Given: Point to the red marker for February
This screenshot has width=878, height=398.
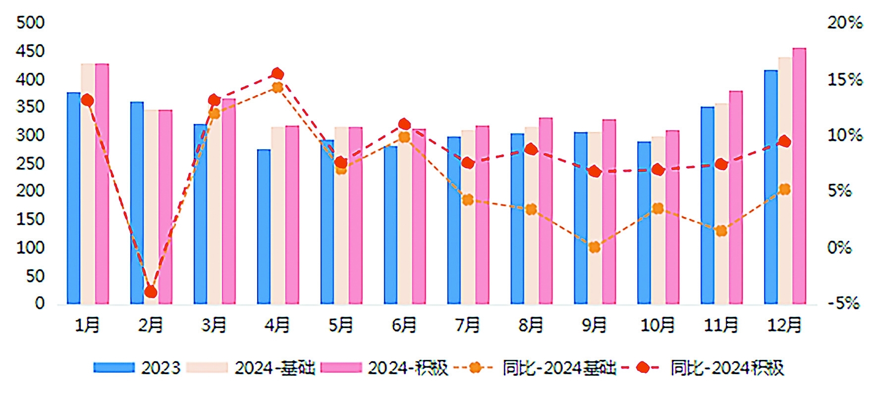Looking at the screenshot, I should pos(151,292).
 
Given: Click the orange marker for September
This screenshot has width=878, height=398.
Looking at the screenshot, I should pos(595,247).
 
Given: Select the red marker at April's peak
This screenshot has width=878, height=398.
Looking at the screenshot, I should pos(277,74).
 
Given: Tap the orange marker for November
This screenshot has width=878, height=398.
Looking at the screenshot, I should pos(721,230).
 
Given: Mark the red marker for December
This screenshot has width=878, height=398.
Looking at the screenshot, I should pos(784,142).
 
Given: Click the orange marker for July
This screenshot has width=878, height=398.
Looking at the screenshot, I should pos(468,200).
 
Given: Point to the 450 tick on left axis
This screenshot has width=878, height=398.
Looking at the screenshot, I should pos(30,51).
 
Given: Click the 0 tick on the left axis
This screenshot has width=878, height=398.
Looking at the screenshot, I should pos(40,303).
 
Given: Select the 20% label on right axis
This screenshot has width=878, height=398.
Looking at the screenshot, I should pos(844,23).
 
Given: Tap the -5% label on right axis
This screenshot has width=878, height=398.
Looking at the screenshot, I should pos(843,303).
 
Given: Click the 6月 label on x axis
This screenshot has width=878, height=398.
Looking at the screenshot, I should pos(404,325).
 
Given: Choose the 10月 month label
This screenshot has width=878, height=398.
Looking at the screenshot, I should pos(658,325).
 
